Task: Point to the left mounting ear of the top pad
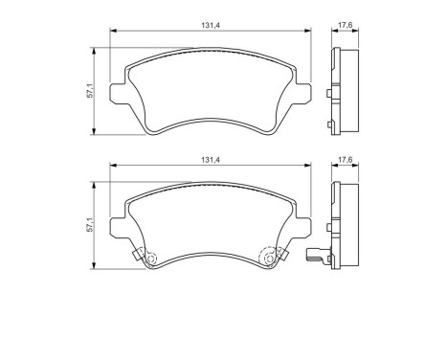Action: (x=120, y=94)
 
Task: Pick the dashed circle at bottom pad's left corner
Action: (x=145, y=257)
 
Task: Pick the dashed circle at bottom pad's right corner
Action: (x=270, y=257)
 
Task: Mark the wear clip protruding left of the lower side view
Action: (x=313, y=256)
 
